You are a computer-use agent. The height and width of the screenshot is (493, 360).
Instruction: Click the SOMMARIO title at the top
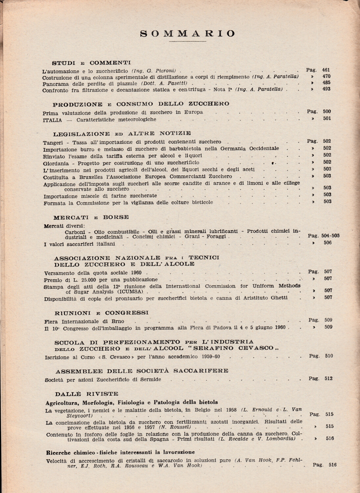pos(188,34)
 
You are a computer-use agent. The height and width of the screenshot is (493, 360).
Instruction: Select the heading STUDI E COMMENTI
pos(91,63)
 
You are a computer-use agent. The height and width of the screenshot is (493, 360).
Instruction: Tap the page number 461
pos(326,70)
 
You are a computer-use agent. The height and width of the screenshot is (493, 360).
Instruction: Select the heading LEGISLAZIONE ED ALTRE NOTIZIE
pos(122,133)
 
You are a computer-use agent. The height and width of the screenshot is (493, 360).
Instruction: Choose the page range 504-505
pos(330,236)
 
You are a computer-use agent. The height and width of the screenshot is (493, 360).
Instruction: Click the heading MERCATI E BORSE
pos(91,217)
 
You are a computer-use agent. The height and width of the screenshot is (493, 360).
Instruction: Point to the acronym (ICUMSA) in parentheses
pos(135,292)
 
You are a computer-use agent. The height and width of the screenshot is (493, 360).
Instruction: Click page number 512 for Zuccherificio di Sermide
pos(328,378)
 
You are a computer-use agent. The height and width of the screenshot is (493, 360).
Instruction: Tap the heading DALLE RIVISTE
pos(87,394)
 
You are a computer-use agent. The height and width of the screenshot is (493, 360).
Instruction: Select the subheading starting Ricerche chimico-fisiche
pos(120,452)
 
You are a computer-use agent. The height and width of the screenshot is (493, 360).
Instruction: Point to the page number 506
pos(327,243)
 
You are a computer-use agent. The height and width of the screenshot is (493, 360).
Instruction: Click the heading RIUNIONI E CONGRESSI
pos(102,313)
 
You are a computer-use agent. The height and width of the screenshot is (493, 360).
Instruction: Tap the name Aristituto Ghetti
pos(265,298)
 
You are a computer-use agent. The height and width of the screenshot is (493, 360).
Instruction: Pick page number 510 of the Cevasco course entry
pos(328,356)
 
